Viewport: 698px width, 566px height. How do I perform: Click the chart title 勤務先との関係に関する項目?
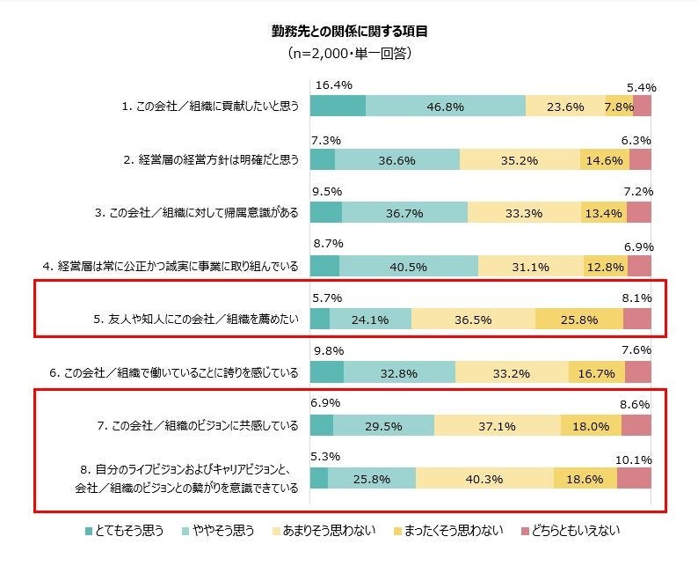click(x=349, y=31)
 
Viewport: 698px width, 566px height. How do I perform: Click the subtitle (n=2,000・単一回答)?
click(x=349, y=53)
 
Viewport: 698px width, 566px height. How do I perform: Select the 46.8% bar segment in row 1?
click(x=446, y=106)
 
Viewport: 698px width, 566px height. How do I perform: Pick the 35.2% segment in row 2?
click(x=520, y=160)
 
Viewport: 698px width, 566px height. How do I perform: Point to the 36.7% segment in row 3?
click(x=404, y=212)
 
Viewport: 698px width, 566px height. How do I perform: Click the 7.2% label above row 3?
click(x=637, y=191)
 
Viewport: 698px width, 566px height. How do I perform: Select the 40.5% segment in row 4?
click(x=408, y=266)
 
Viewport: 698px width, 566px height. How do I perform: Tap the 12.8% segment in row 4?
click(x=605, y=266)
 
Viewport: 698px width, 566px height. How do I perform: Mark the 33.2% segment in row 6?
click(x=512, y=372)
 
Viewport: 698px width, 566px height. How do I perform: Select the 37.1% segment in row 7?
click(x=498, y=426)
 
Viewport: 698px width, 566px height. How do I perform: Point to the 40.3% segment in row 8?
click(x=484, y=478)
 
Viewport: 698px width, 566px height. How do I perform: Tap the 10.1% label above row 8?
click(x=634, y=459)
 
